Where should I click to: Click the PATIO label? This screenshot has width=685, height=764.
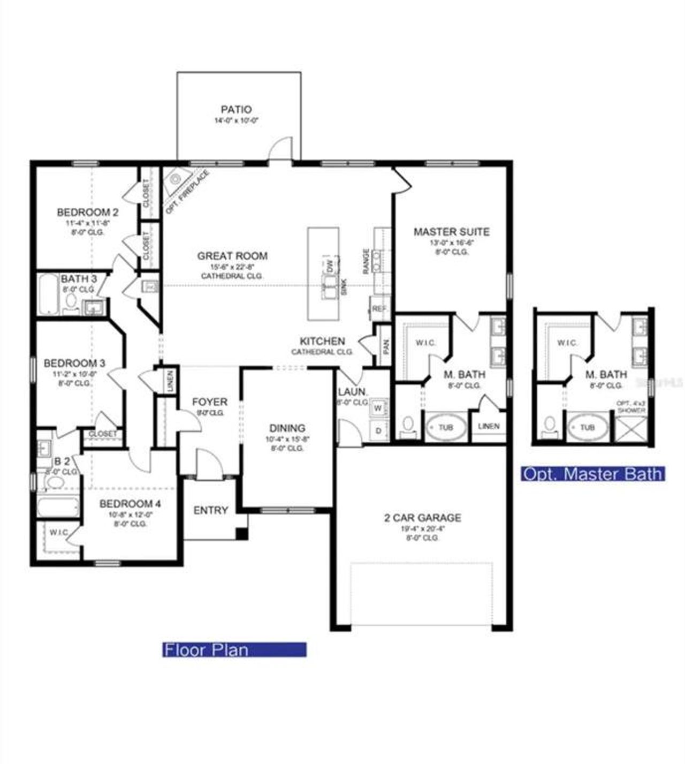pyautogui.click(x=236, y=110)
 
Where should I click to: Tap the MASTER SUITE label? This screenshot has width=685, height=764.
pyautogui.click(x=451, y=232)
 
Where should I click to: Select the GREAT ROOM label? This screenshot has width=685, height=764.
pyautogui.click(x=232, y=256)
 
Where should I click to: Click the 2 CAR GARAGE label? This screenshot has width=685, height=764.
pyautogui.click(x=422, y=518)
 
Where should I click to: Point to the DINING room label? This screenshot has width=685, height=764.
pyautogui.click(x=287, y=428)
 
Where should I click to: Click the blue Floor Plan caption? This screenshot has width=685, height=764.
pyautogui.click(x=234, y=650)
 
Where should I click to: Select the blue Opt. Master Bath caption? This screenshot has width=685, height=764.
pyautogui.click(x=593, y=474)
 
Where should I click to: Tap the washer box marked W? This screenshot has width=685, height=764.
pyautogui.click(x=378, y=409)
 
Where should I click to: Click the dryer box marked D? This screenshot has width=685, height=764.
pyautogui.click(x=378, y=431)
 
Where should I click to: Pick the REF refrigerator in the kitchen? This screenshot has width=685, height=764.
pyautogui.click(x=379, y=309)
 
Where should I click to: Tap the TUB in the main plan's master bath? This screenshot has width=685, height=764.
pyautogui.click(x=445, y=427)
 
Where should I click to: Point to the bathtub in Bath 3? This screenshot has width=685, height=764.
pyautogui.click(x=49, y=294)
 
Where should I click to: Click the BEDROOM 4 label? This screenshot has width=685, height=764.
pyautogui.click(x=130, y=504)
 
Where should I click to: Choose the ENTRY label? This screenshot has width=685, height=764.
pyautogui.click(x=211, y=510)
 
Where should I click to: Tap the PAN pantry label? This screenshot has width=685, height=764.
pyautogui.click(x=386, y=346)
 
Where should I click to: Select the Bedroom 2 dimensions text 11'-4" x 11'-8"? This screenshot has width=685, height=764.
pyautogui.click(x=88, y=222)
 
